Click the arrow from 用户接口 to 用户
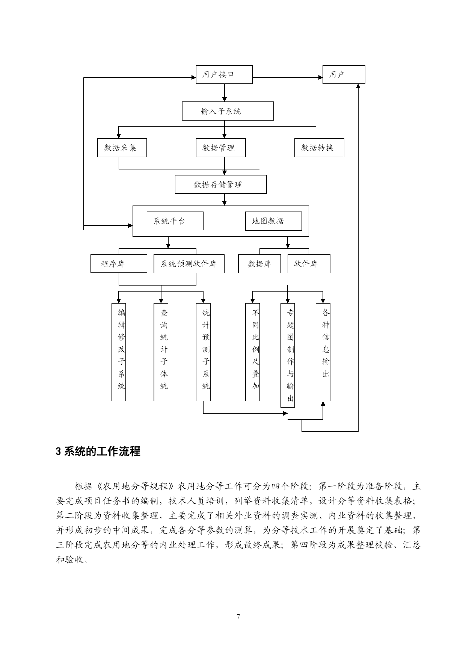288,78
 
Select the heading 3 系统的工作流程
98,451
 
